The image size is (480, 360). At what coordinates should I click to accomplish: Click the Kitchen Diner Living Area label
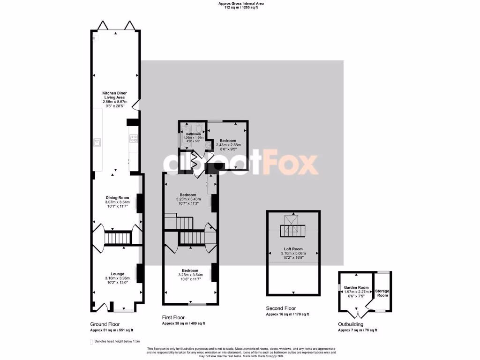coord(115,95)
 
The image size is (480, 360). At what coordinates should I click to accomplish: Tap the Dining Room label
coord(117,198)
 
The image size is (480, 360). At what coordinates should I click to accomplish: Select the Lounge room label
coord(117,274)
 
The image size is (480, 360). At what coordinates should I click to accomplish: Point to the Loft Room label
coord(293,249)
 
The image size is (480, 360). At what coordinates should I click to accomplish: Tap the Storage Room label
coord(382,293)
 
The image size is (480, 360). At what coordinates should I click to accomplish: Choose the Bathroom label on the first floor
coord(193,134)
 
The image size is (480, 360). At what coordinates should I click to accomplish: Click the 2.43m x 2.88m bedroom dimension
coord(229,145)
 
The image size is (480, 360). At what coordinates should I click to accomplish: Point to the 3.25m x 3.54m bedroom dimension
coord(190,275)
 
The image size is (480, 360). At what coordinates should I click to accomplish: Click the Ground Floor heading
coord(105,324)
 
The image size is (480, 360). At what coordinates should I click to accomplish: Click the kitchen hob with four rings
coord(133,138)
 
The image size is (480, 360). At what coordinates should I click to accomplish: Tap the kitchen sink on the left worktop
coord(98,142)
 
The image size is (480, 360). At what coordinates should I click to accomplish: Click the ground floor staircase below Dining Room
coord(117,238)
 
